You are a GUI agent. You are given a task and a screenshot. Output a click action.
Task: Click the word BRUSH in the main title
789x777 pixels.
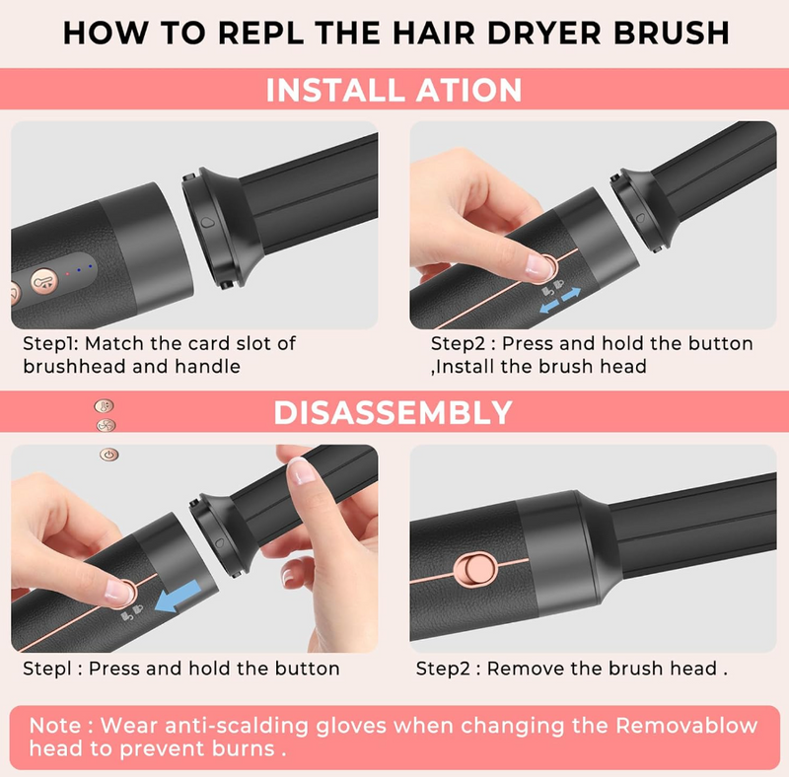click(x=672, y=33)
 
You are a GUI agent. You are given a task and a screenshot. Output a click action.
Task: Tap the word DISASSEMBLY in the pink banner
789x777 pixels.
click(x=393, y=412)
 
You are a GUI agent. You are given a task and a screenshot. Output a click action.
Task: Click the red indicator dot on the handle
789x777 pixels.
click(x=67, y=274)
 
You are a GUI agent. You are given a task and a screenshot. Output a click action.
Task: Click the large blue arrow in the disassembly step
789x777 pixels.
click(x=178, y=596)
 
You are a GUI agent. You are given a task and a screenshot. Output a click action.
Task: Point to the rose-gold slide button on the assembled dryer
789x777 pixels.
click(x=475, y=569)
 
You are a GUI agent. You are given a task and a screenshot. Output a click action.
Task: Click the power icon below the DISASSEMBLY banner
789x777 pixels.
click(x=109, y=455)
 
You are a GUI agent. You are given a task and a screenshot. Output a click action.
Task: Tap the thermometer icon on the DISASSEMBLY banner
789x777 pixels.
click(x=105, y=405)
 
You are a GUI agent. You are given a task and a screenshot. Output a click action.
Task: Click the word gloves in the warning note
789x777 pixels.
click(x=351, y=727)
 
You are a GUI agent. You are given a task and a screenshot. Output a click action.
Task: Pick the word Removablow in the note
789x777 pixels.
click(x=686, y=726)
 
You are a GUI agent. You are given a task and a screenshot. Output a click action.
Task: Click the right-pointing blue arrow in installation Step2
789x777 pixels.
click(x=571, y=295)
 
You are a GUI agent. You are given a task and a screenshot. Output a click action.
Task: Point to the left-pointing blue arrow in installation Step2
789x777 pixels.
click(x=549, y=306)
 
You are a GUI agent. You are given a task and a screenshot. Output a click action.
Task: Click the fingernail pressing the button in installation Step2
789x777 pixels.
click(x=538, y=266)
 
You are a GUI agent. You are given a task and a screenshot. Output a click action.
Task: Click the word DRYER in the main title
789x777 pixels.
click(x=544, y=33)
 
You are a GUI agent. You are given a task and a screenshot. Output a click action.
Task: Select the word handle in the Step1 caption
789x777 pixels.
click(x=207, y=367)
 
